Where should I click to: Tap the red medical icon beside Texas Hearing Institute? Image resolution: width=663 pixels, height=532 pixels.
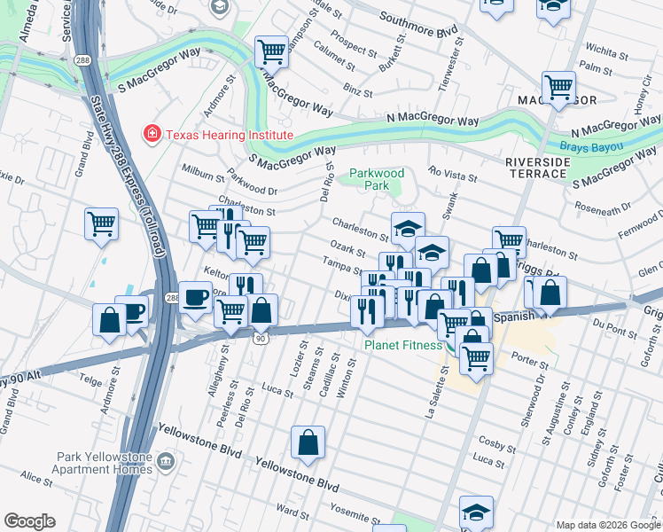pos(152,135)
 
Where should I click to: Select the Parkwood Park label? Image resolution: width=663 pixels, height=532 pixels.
pos(377,179)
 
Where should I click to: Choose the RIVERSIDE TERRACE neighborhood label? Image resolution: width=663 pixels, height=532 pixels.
pos(536,167)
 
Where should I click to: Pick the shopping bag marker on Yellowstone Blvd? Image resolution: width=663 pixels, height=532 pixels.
pos(308,443)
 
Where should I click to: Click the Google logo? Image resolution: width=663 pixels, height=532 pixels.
pos(29,521)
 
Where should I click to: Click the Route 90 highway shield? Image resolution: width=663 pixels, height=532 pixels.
pos(260,338)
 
